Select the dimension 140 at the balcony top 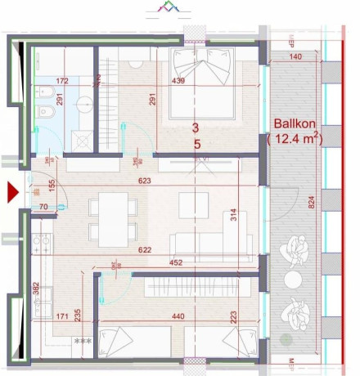click(295, 56)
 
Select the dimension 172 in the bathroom click(61, 83)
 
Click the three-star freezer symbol click(82, 341)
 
